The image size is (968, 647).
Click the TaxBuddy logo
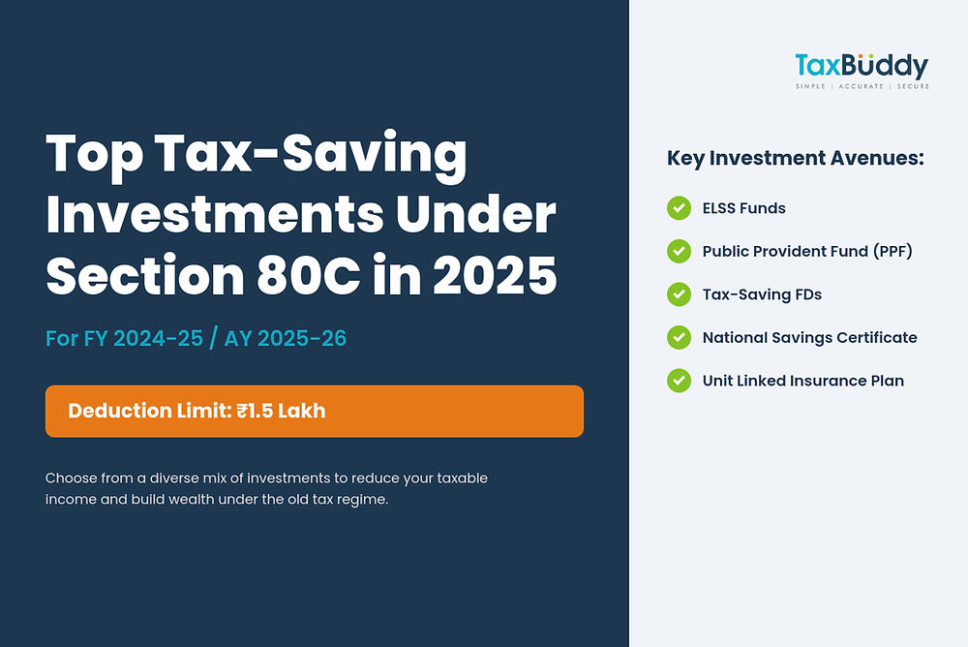(862, 67)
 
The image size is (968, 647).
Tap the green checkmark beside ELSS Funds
(679, 208)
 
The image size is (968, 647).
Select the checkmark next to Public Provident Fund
(679, 252)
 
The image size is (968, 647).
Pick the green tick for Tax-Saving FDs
(679, 294)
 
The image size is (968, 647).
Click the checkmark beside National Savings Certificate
(679, 338)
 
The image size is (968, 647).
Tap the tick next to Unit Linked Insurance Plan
(679, 381)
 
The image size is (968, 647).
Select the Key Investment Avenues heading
(796, 159)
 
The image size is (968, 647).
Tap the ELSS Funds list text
(743, 208)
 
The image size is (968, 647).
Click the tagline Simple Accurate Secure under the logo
(862, 87)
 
